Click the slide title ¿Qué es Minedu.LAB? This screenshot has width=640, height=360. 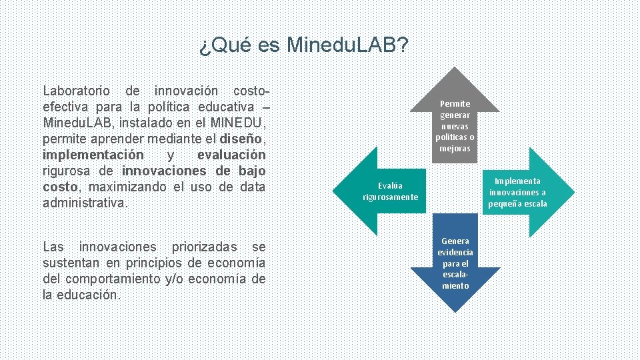(304, 45)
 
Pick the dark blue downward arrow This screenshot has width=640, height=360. (455, 280)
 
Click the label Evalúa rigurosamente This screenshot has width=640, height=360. (390, 191)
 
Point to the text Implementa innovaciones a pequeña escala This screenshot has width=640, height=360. (517, 192)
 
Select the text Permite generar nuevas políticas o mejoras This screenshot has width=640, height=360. (455, 126)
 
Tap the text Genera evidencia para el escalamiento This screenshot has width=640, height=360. (455, 263)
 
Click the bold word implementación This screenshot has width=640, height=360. (93, 155)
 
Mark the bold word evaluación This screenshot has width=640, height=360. (231, 155)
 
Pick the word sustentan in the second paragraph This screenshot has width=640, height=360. (70, 263)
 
